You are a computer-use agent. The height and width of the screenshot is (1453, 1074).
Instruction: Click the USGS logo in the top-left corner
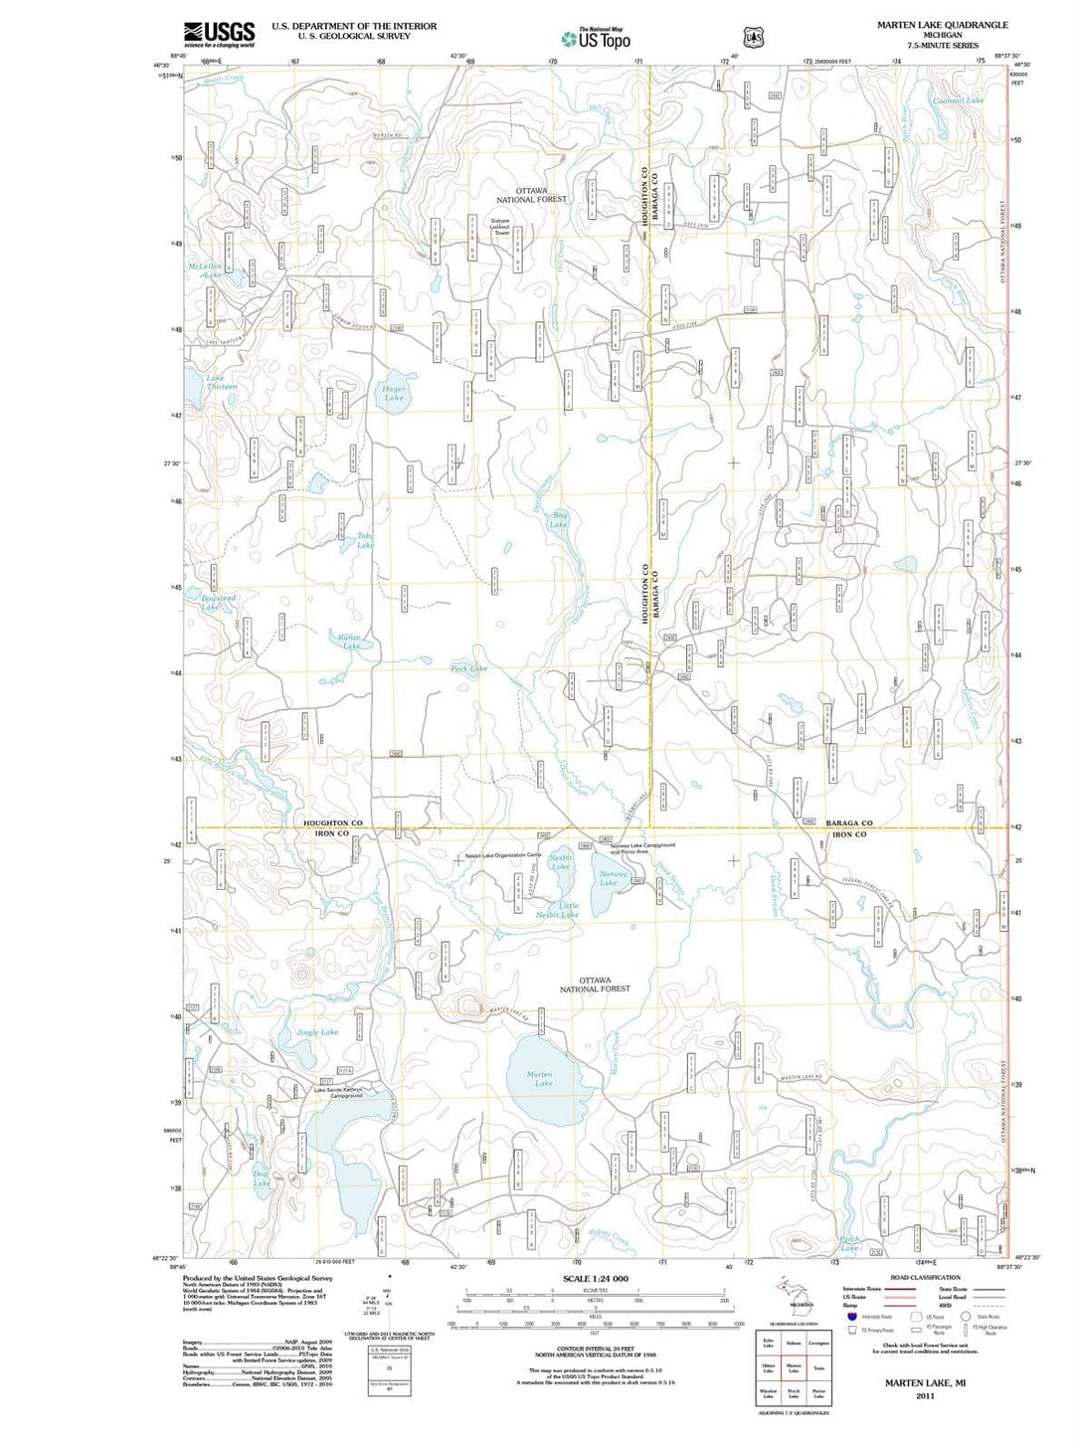pos(219,34)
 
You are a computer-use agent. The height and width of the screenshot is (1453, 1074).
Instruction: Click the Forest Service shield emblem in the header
pos(753,38)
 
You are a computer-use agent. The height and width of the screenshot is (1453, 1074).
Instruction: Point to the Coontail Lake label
pos(958,100)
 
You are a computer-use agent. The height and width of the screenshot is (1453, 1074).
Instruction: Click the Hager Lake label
pos(394,392)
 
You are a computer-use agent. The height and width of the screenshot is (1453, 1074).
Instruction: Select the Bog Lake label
pos(560,519)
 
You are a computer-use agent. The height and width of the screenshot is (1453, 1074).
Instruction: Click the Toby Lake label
pos(365,541)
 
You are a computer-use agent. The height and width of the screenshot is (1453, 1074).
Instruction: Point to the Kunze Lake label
pos(350,640)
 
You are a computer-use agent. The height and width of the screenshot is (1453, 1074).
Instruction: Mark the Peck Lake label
pos(469,668)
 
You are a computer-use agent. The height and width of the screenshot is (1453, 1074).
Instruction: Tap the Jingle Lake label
pos(316,1032)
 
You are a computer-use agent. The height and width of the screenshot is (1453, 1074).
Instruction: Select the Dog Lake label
pos(262,1179)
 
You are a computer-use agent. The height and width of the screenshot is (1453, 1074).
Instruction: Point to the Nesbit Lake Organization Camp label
pos(502,855)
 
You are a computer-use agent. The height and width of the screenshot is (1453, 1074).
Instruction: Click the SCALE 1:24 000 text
pos(595,1278)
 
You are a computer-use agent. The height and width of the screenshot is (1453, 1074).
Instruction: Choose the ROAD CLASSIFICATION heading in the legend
pos(925,1277)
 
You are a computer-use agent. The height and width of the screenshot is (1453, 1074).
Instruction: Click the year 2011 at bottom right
pos(925,1396)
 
